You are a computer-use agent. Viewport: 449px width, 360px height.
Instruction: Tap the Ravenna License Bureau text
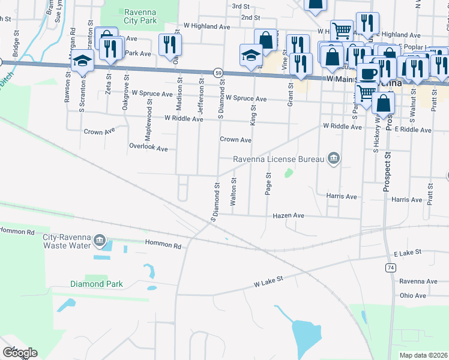pyautogui.click(x=279, y=159)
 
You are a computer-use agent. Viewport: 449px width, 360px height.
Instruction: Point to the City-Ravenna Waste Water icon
pyautogui.click(x=100, y=242)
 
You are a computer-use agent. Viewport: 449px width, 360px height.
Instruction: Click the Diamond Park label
pyautogui.click(x=96, y=284)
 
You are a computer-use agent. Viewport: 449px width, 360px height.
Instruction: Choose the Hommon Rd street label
pyautogui.click(x=163, y=245)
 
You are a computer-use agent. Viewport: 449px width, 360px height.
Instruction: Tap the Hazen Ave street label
pyautogui.click(x=289, y=215)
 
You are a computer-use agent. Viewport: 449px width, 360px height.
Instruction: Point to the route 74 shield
pyautogui.click(x=391, y=268)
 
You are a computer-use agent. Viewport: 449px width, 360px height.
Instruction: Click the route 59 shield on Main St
pyautogui.click(x=218, y=73)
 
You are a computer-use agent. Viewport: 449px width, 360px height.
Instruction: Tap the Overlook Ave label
pyautogui.click(x=148, y=147)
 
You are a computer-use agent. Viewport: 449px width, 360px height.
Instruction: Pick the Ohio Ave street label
pyautogui.click(x=412, y=295)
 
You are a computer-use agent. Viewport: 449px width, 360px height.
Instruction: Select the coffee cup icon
pyautogui.click(x=368, y=73)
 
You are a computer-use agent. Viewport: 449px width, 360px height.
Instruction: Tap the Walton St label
pyautogui.click(x=234, y=191)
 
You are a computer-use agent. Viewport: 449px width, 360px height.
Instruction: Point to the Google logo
pyautogui.click(x=20, y=353)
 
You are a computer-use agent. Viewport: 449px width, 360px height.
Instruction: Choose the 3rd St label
pyautogui.click(x=241, y=6)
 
